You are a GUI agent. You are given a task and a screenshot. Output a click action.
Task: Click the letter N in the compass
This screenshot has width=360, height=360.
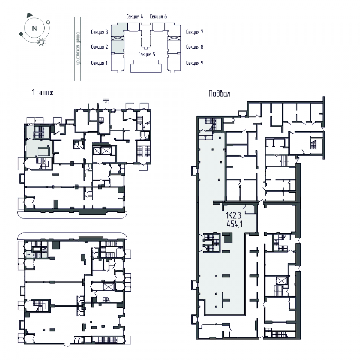[x=34, y=28]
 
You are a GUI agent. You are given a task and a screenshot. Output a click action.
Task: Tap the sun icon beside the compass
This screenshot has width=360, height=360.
[x=41, y=42]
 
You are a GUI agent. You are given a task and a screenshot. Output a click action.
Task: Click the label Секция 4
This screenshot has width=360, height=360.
[x=135, y=16]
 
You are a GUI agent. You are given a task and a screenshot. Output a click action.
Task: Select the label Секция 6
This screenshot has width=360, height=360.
[x=158, y=16]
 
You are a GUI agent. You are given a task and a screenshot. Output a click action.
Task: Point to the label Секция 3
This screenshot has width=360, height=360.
[x=100, y=32]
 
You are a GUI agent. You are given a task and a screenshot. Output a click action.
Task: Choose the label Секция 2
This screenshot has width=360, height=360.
[x=100, y=47]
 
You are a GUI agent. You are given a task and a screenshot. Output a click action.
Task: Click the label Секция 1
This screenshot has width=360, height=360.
[x=99, y=63]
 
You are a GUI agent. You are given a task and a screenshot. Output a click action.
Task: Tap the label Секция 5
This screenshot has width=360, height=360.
[x=147, y=54]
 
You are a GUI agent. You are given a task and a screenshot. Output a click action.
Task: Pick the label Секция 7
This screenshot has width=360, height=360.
[x=195, y=32]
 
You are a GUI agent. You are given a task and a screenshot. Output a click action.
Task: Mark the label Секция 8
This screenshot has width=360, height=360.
[x=195, y=47]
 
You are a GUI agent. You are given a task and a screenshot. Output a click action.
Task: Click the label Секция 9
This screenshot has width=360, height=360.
[x=195, y=63]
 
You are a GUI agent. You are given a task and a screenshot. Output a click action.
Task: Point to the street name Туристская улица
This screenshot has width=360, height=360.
[x=78, y=50]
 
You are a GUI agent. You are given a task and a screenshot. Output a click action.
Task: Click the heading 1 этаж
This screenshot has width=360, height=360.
[x=43, y=93]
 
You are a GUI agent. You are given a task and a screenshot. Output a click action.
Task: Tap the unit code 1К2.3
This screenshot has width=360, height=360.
[x=234, y=216]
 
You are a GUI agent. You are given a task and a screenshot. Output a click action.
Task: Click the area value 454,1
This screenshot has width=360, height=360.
[x=235, y=224]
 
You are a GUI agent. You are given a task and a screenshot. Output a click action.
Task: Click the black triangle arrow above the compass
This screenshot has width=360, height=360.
[x=30, y=15]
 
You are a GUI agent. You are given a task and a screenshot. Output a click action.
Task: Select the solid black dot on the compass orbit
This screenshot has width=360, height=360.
[x=21, y=34]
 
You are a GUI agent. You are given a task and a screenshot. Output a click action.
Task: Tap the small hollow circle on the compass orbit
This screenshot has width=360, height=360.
[x=48, y=22]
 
